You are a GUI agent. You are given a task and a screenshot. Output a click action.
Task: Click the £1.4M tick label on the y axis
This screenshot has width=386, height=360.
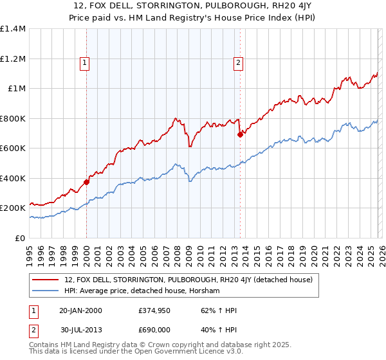coord(12,29)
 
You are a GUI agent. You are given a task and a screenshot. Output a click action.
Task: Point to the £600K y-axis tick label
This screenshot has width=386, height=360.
coord(12,148)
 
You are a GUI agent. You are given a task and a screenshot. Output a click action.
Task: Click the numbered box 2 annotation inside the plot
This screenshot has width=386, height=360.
coord(239,62)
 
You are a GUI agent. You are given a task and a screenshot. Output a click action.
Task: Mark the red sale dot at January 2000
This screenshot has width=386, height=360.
coord(87,182)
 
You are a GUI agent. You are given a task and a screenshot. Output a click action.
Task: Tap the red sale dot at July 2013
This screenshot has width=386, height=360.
coord(240,135)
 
